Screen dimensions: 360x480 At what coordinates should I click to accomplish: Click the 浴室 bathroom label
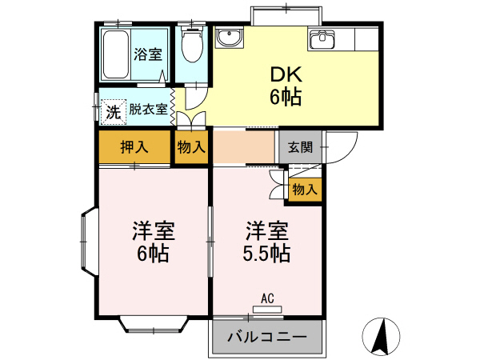[148, 54]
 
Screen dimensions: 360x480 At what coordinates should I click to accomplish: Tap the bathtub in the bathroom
[115, 54]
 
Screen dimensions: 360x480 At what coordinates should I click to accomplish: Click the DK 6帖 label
[284, 86]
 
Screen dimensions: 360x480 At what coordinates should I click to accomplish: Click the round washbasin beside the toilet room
[230, 38]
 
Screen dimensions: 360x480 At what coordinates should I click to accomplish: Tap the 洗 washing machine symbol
[114, 112]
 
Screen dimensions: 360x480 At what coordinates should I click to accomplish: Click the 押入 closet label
[134, 147]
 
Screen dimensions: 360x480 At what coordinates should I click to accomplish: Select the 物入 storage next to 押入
[192, 147]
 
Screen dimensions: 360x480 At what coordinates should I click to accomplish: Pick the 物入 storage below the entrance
[304, 190]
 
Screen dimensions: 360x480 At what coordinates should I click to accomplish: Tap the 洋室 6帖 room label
[153, 243]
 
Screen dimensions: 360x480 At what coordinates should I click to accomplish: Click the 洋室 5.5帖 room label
[266, 243]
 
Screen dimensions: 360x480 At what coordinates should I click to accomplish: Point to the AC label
[267, 298]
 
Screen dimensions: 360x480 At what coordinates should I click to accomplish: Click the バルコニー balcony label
[267, 337]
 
